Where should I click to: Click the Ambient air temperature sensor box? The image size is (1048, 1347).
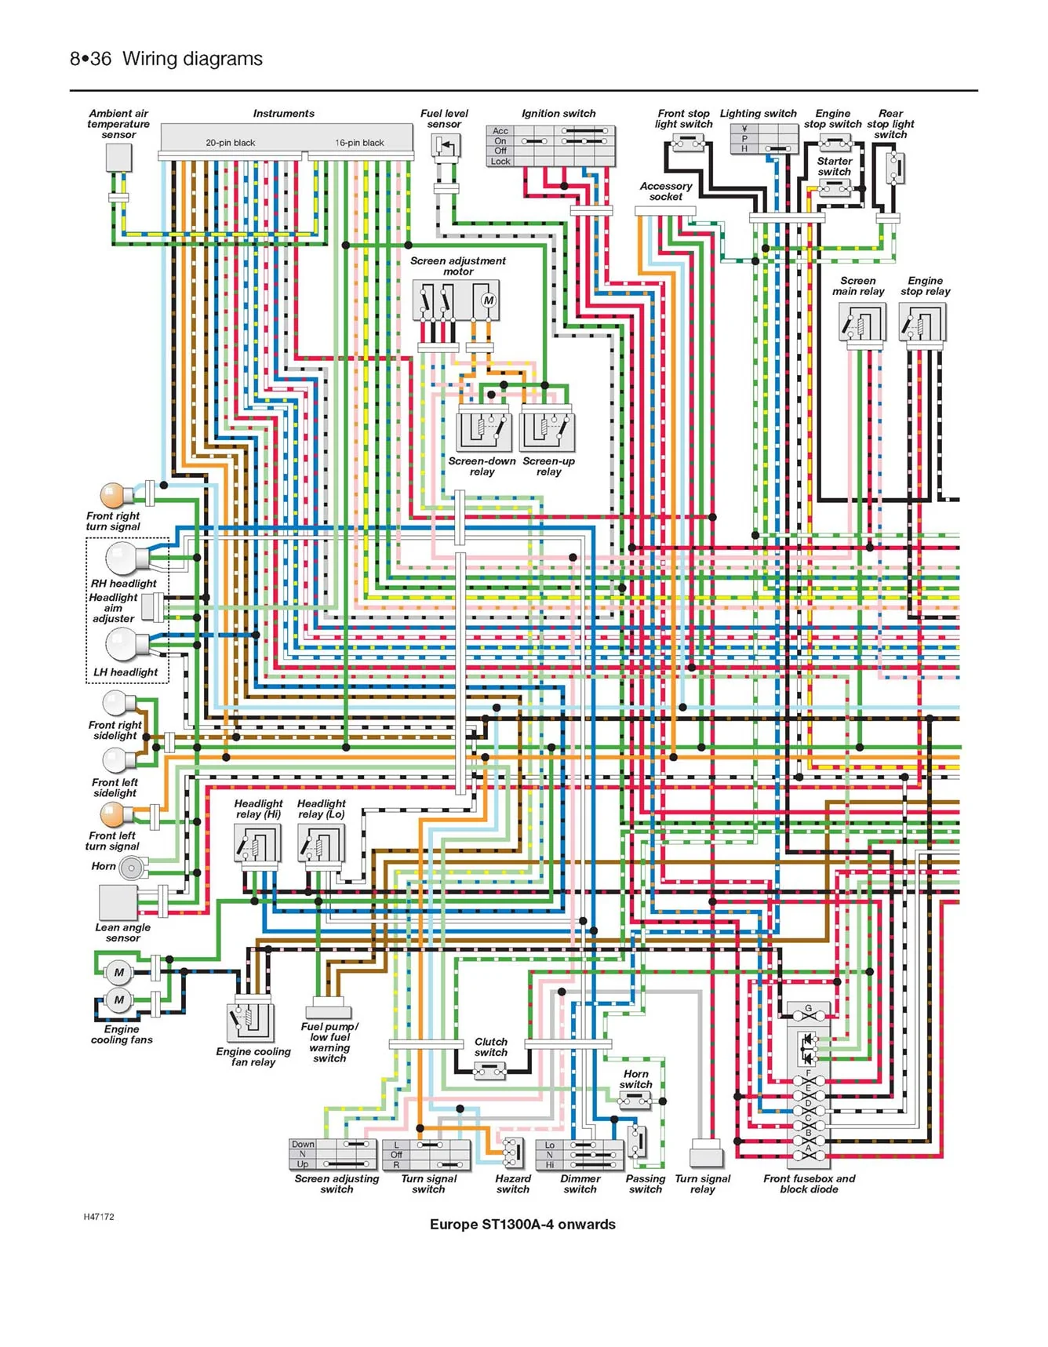118,158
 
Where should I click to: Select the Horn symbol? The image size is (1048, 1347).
133,868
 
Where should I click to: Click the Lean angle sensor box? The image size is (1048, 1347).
118,902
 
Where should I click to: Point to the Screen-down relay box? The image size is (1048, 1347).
483,431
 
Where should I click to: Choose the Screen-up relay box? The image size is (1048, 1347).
548,431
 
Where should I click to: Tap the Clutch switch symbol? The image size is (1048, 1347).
490,1069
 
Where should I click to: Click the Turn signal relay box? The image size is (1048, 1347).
706,1157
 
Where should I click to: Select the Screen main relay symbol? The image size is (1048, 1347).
862,322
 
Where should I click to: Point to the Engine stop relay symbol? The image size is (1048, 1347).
924,322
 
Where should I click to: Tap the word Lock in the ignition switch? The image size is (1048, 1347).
500,162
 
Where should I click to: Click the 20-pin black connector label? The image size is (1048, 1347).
231,143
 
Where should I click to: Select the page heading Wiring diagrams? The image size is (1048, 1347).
193,59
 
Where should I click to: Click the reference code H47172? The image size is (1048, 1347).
99,1217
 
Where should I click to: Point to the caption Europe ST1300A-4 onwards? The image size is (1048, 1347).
522,1224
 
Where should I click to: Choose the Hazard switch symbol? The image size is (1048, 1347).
513,1152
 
